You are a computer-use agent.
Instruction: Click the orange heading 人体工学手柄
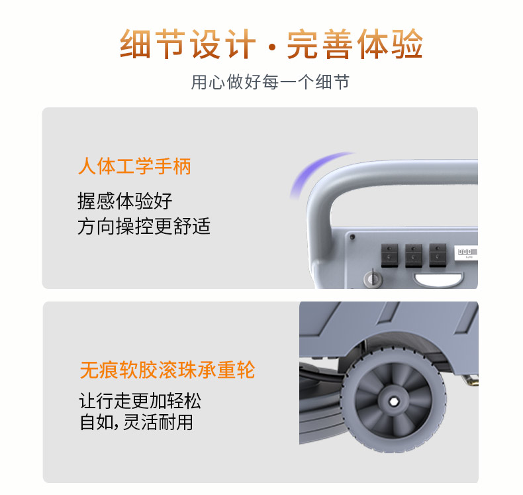click(134, 166)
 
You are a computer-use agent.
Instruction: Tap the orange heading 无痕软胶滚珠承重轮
click(167, 370)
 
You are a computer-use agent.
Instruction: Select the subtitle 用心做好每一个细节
click(270, 82)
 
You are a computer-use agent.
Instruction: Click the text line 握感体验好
click(124, 201)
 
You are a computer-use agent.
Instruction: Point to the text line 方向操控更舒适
click(144, 227)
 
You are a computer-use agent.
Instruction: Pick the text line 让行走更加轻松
click(140, 400)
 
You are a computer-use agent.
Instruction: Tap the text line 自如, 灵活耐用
click(136, 422)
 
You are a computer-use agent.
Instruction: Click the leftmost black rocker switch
click(389, 255)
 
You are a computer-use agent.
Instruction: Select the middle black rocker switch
click(414, 255)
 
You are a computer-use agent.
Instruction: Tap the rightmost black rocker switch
click(438, 255)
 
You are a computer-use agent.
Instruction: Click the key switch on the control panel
click(373, 278)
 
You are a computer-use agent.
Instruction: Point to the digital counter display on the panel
click(466, 253)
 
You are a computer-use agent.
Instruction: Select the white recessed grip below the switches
click(438, 280)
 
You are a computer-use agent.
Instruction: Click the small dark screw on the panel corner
click(352, 237)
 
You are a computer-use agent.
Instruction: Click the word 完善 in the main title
click(320, 44)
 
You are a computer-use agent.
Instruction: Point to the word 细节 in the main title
click(153, 44)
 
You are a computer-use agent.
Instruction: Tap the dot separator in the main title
click(272, 48)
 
